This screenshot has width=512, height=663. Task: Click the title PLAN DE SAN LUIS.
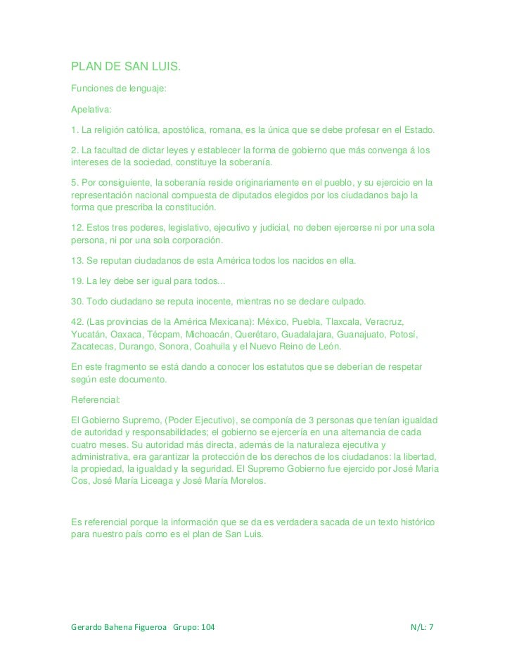point(127,67)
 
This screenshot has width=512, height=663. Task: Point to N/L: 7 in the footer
point(422,626)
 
